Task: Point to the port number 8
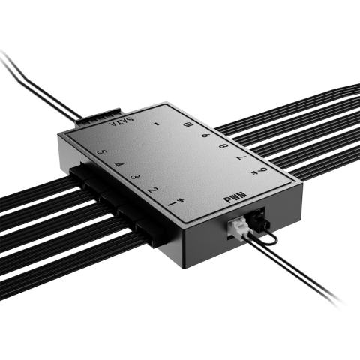click(222, 148)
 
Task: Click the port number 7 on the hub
click(241, 160)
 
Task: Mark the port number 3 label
click(135, 177)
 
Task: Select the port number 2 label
click(153, 190)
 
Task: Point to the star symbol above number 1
click(174, 197)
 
